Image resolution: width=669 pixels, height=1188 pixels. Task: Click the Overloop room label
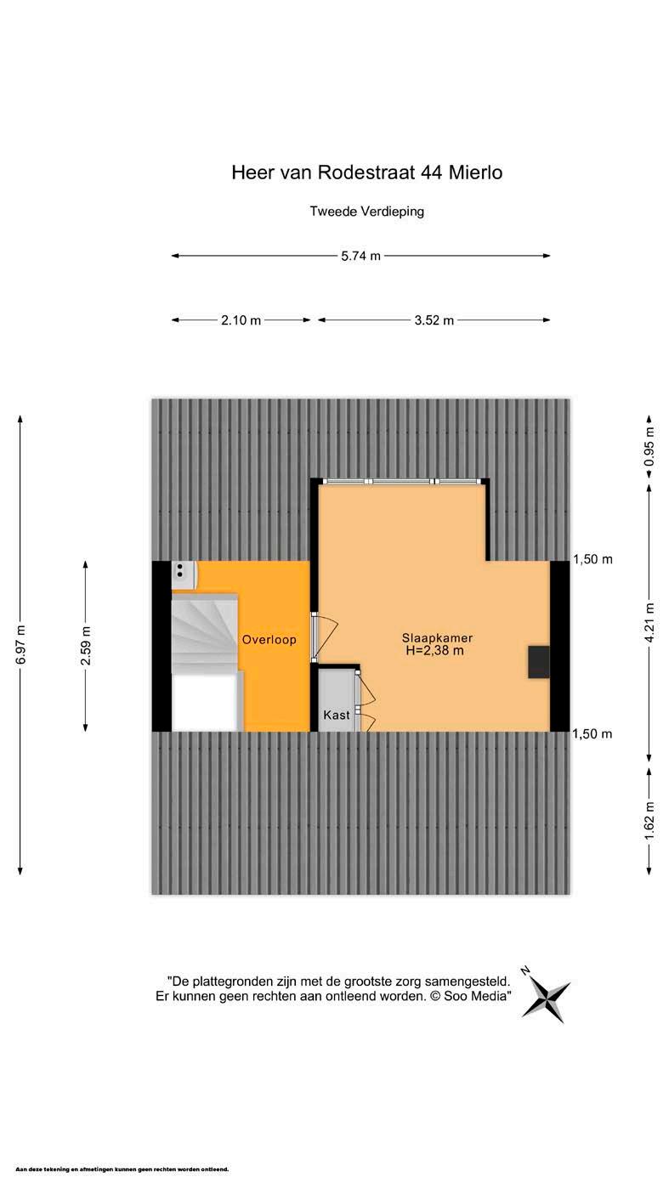(x=269, y=640)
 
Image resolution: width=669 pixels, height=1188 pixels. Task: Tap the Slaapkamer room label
(x=437, y=638)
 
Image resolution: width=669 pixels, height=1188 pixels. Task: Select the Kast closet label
(x=337, y=715)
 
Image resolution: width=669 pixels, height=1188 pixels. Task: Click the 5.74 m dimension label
(x=360, y=256)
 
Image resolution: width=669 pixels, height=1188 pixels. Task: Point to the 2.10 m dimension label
(x=241, y=320)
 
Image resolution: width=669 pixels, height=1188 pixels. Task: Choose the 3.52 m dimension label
(x=434, y=320)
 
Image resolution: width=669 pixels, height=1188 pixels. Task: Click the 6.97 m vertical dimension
(x=20, y=644)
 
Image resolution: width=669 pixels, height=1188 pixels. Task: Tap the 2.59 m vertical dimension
(x=86, y=646)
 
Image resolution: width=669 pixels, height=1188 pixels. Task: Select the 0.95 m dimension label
(x=649, y=446)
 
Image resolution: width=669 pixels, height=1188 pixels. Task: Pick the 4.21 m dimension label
(x=649, y=622)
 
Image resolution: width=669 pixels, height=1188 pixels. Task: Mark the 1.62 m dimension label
(x=649, y=820)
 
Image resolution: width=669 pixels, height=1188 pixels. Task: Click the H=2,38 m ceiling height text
(x=434, y=651)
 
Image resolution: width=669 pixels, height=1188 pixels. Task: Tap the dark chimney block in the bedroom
(x=538, y=662)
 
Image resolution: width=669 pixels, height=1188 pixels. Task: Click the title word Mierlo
(x=475, y=173)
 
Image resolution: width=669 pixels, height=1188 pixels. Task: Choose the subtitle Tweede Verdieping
(x=367, y=212)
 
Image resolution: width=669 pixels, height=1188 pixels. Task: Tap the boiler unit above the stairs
(x=184, y=575)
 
